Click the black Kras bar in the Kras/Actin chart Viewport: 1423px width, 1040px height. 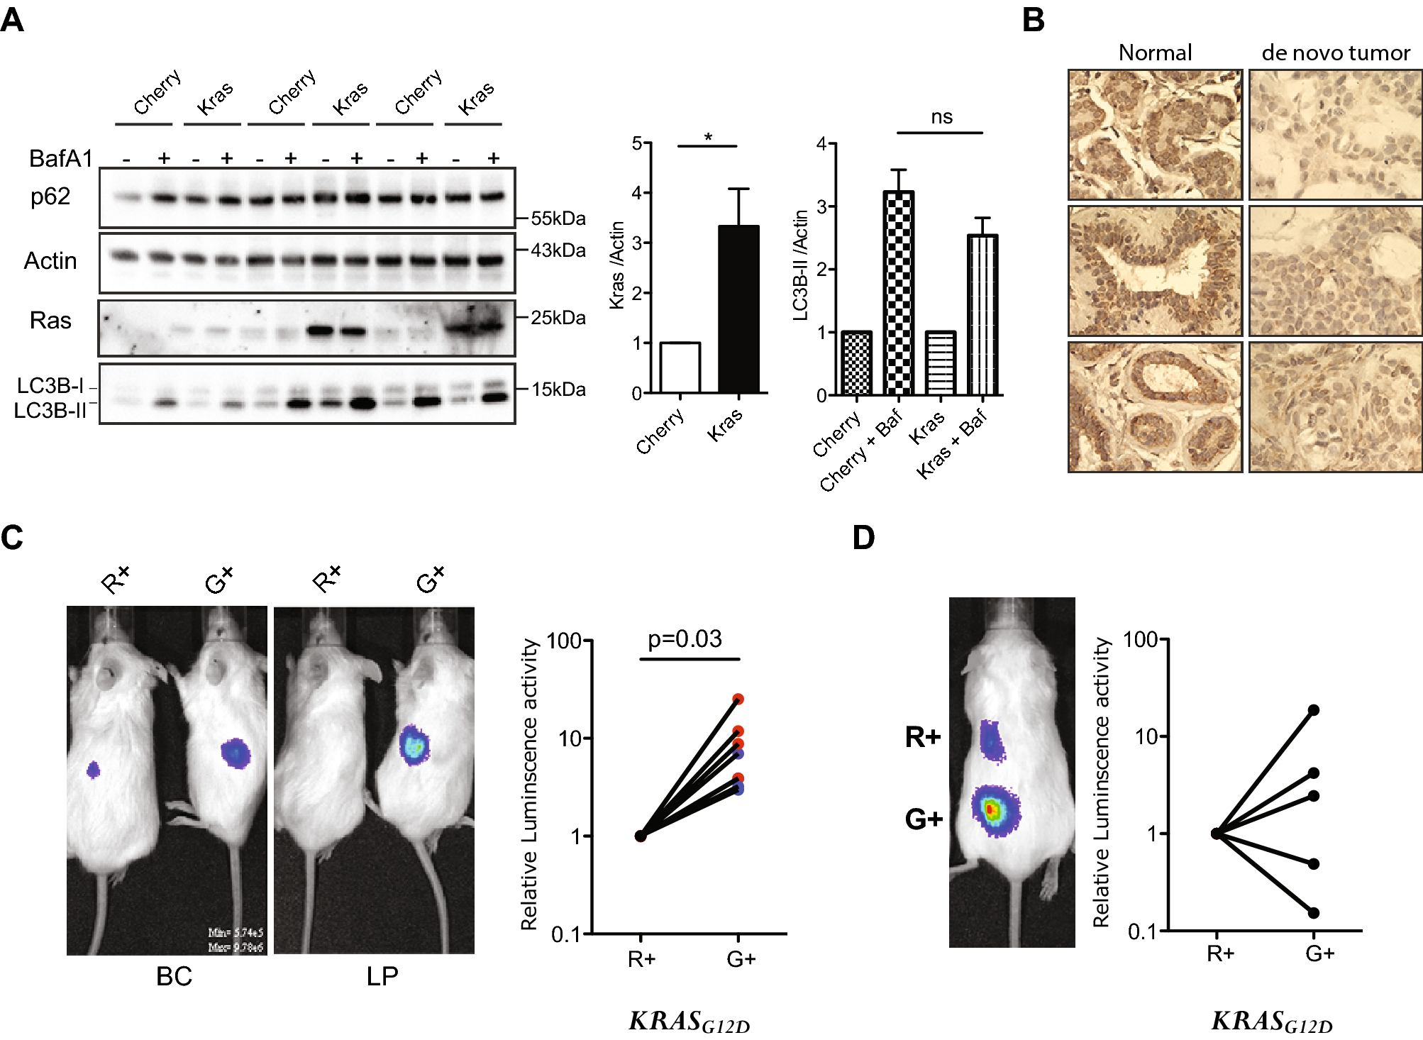pyautogui.click(x=738, y=309)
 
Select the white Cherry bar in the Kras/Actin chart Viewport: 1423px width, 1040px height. pyautogui.click(x=680, y=367)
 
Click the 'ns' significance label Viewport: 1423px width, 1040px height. pyautogui.click(x=941, y=117)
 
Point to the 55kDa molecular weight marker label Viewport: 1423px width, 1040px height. pyautogui.click(x=558, y=218)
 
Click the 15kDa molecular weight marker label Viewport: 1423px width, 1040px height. pyautogui.click(x=558, y=389)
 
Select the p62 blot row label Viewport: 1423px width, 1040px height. pyautogui.click(x=50, y=197)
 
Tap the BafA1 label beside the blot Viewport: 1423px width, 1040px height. pyautogui.click(x=60, y=158)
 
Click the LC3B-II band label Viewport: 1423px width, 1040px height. pyautogui.click(x=50, y=411)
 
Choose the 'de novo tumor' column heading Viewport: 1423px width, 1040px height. pyautogui.click(x=1335, y=53)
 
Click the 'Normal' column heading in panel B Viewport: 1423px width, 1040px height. pyautogui.click(x=1155, y=53)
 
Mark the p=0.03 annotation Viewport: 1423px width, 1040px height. pyautogui.click(x=685, y=639)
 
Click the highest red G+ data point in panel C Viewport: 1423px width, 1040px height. pyautogui.click(x=738, y=699)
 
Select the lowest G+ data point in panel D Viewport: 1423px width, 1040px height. pyautogui.click(x=1314, y=913)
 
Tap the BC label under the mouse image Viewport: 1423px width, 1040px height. pyautogui.click(x=174, y=977)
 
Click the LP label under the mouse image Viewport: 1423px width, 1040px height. pyautogui.click(x=382, y=977)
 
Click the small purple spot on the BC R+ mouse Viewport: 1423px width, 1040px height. pyautogui.click(x=93, y=769)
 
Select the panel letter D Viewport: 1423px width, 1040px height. pyautogui.click(x=863, y=538)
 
